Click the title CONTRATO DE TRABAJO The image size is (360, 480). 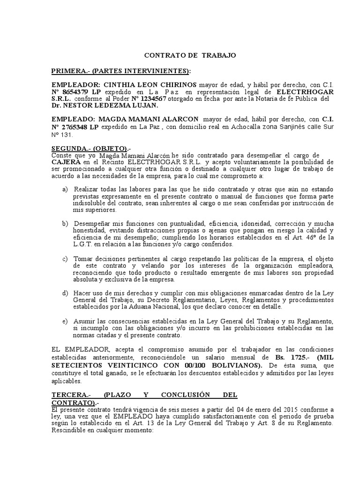[190, 55]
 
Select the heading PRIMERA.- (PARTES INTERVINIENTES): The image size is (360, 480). [121, 71]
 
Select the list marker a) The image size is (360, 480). [65, 189]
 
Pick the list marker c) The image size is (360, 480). [65, 259]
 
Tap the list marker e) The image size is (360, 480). [65, 321]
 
